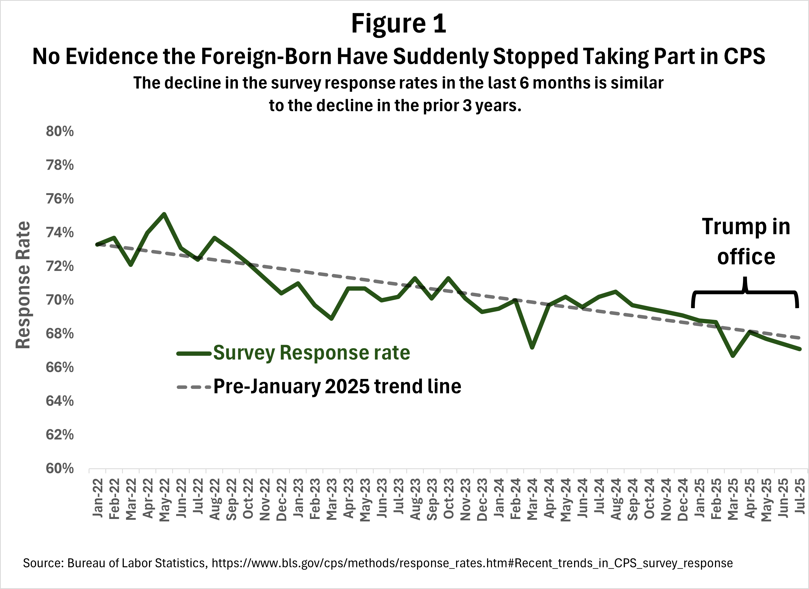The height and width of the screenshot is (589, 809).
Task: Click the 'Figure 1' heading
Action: (x=398, y=24)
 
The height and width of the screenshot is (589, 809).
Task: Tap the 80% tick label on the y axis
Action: (x=60, y=132)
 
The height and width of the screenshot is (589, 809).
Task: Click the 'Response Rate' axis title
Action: (x=23, y=285)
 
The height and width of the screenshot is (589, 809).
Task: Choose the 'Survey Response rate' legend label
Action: (x=311, y=353)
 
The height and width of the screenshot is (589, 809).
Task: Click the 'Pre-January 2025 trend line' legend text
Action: (x=337, y=386)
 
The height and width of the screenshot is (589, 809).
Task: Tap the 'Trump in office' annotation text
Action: (x=746, y=242)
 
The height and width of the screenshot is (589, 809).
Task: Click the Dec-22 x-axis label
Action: (x=282, y=499)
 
